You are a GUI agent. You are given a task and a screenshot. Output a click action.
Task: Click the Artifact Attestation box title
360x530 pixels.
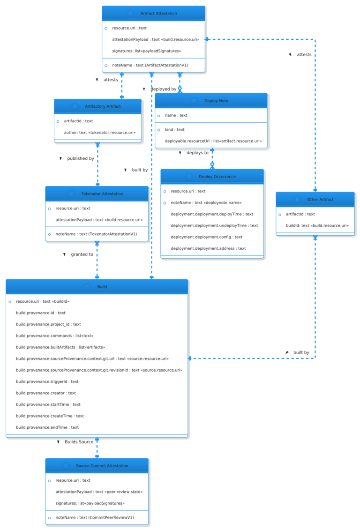158,14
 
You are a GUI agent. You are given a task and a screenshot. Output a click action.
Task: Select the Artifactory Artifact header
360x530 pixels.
103,106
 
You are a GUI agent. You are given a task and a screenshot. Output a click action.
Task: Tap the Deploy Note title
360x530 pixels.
216,101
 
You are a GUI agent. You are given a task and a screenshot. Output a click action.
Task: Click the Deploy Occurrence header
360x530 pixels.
217,177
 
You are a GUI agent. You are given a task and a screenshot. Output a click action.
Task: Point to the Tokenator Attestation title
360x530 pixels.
102,194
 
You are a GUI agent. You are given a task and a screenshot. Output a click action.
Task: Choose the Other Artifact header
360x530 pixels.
320,200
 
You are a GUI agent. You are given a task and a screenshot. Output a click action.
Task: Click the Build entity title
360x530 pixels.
102,287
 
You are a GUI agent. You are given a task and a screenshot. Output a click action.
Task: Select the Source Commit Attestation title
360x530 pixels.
102,466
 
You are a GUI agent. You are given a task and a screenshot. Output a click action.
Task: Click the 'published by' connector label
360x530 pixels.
80,159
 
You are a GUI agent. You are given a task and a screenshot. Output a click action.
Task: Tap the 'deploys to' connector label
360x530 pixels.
197,153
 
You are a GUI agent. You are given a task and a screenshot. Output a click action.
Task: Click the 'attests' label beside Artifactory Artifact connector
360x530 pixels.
111,80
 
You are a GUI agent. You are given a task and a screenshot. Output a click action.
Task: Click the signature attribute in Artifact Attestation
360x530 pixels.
146,51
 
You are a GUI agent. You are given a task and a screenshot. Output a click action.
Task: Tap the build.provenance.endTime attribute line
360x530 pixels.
47,427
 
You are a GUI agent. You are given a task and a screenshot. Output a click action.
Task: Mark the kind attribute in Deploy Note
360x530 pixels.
181,129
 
